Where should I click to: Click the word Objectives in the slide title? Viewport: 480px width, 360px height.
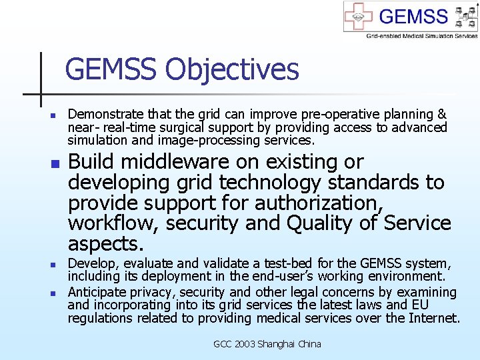(233, 69)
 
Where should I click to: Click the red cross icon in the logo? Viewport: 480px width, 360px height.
(359, 17)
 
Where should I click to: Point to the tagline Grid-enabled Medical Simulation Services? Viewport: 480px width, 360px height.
(421, 35)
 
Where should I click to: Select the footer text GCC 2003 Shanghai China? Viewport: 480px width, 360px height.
(267, 344)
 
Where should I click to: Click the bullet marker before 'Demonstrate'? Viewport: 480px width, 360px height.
(41, 115)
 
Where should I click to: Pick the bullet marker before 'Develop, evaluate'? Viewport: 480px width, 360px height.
(41, 264)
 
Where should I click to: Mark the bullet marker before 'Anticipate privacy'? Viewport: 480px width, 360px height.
(41, 293)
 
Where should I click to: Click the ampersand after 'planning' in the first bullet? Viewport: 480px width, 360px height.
(441, 115)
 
